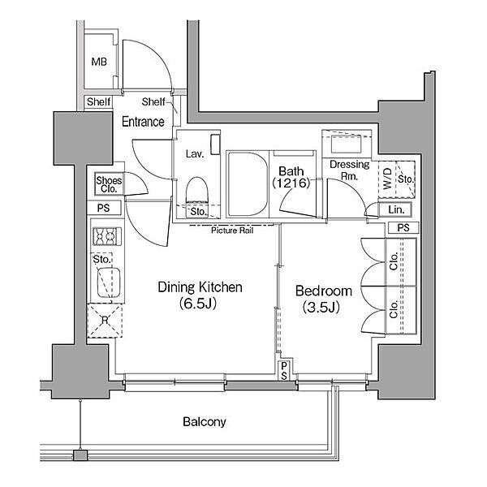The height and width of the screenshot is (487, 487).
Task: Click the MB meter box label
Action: tap(99, 62)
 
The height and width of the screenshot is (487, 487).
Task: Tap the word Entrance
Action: tap(143, 122)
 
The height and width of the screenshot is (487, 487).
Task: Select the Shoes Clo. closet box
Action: tap(109, 184)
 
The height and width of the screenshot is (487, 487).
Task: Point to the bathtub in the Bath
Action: tap(248, 184)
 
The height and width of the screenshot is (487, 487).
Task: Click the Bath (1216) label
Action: tap(291, 177)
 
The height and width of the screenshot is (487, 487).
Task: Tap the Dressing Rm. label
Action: tap(349, 170)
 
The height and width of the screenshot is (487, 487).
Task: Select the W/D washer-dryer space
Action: tap(387, 179)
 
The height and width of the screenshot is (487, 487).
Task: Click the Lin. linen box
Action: tap(396, 209)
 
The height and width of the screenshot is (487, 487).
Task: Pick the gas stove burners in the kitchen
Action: tap(107, 236)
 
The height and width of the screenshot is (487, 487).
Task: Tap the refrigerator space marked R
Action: tap(105, 321)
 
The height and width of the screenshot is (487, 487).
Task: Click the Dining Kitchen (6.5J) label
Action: tap(200, 295)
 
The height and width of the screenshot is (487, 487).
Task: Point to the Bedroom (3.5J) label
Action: tap(323, 299)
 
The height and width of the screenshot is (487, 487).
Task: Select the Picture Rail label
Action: tap(232, 231)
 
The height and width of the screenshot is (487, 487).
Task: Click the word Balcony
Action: tap(204, 421)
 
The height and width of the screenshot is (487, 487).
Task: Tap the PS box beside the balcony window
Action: tap(284, 371)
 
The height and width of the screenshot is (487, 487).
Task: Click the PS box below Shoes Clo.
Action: tap(104, 208)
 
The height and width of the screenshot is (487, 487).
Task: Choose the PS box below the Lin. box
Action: tap(403, 227)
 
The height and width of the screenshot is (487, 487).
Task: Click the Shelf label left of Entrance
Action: tap(98, 101)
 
